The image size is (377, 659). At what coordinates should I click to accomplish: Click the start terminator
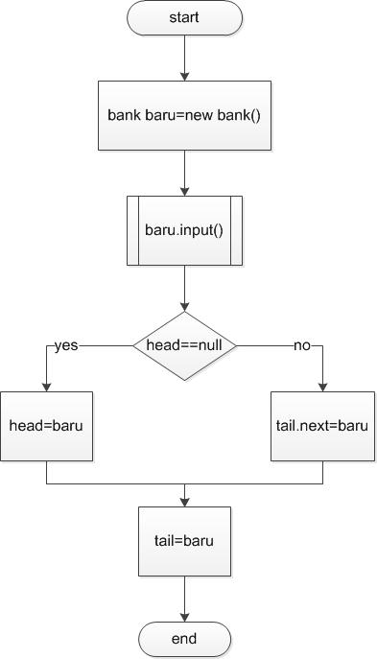[184, 17]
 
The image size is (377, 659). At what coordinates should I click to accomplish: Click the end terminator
[184, 638]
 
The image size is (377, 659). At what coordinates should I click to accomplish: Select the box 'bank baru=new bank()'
[184, 115]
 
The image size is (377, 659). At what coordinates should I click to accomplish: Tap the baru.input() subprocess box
[184, 230]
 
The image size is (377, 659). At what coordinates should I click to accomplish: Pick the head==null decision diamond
[184, 346]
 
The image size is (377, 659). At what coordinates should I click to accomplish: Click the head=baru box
[46, 425]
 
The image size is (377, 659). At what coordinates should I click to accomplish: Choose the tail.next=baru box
[322, 425]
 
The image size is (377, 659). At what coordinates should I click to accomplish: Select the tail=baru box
[184, 540]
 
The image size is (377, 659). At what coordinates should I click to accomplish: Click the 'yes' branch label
[66, 346]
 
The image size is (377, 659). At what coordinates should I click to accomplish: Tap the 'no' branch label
[301, 346]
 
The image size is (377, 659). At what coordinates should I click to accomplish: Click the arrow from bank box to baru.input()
[184, 173]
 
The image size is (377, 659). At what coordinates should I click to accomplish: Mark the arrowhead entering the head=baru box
[46, 386]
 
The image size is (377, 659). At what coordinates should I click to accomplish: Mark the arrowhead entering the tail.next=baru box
[322, 386]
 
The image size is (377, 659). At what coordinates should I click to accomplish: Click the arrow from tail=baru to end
[184, 597]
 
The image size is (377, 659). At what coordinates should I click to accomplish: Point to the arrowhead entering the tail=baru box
[184, 500]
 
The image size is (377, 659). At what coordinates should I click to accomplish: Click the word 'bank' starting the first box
[124, 115]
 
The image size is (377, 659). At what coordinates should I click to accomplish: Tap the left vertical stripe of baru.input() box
[133, 230]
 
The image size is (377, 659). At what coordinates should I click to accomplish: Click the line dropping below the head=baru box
[46, 472]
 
